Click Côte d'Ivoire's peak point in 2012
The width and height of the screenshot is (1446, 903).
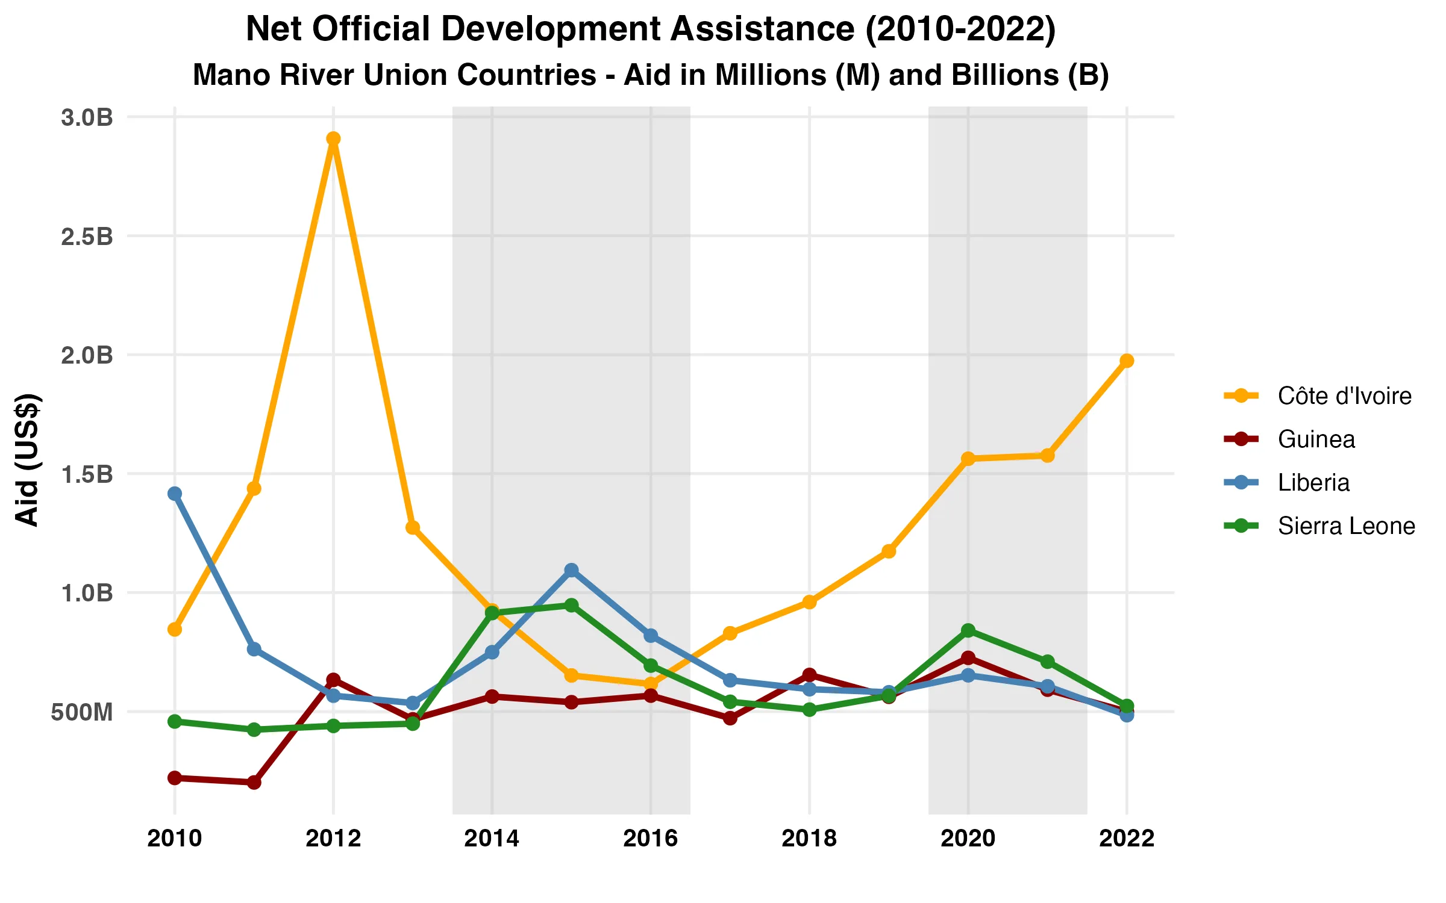click(333, 139)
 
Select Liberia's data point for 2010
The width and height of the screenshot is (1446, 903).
click(175, 494)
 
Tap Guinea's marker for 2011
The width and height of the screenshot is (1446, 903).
click(254, 782)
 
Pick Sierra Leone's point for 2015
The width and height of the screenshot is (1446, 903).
click(572, 605)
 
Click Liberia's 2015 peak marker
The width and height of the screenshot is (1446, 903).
click(572, 569)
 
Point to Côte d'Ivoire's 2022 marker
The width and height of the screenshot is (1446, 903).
click(1127, 361)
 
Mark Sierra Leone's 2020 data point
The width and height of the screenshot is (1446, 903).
click(968, 630)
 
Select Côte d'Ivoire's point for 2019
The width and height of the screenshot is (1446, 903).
click(889, 551)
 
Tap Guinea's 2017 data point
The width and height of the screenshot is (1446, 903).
click(730, 718)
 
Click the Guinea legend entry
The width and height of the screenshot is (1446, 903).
click(1316, 439)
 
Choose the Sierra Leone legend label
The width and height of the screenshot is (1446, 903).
click(1346, 526)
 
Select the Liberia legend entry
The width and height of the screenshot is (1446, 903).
click(1313, 483)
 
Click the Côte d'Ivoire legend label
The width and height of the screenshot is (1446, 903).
click(1344, 396)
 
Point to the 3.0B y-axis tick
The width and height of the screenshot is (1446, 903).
click(87, 117)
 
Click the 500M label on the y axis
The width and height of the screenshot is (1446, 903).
click(82, 712)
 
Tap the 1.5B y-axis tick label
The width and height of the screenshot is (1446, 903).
click(87, 474)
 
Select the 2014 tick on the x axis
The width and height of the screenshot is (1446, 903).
click(492, 838)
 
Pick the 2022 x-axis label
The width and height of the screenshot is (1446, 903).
click(1127, 838)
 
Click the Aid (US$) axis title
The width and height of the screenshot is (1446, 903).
click(28, 460)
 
